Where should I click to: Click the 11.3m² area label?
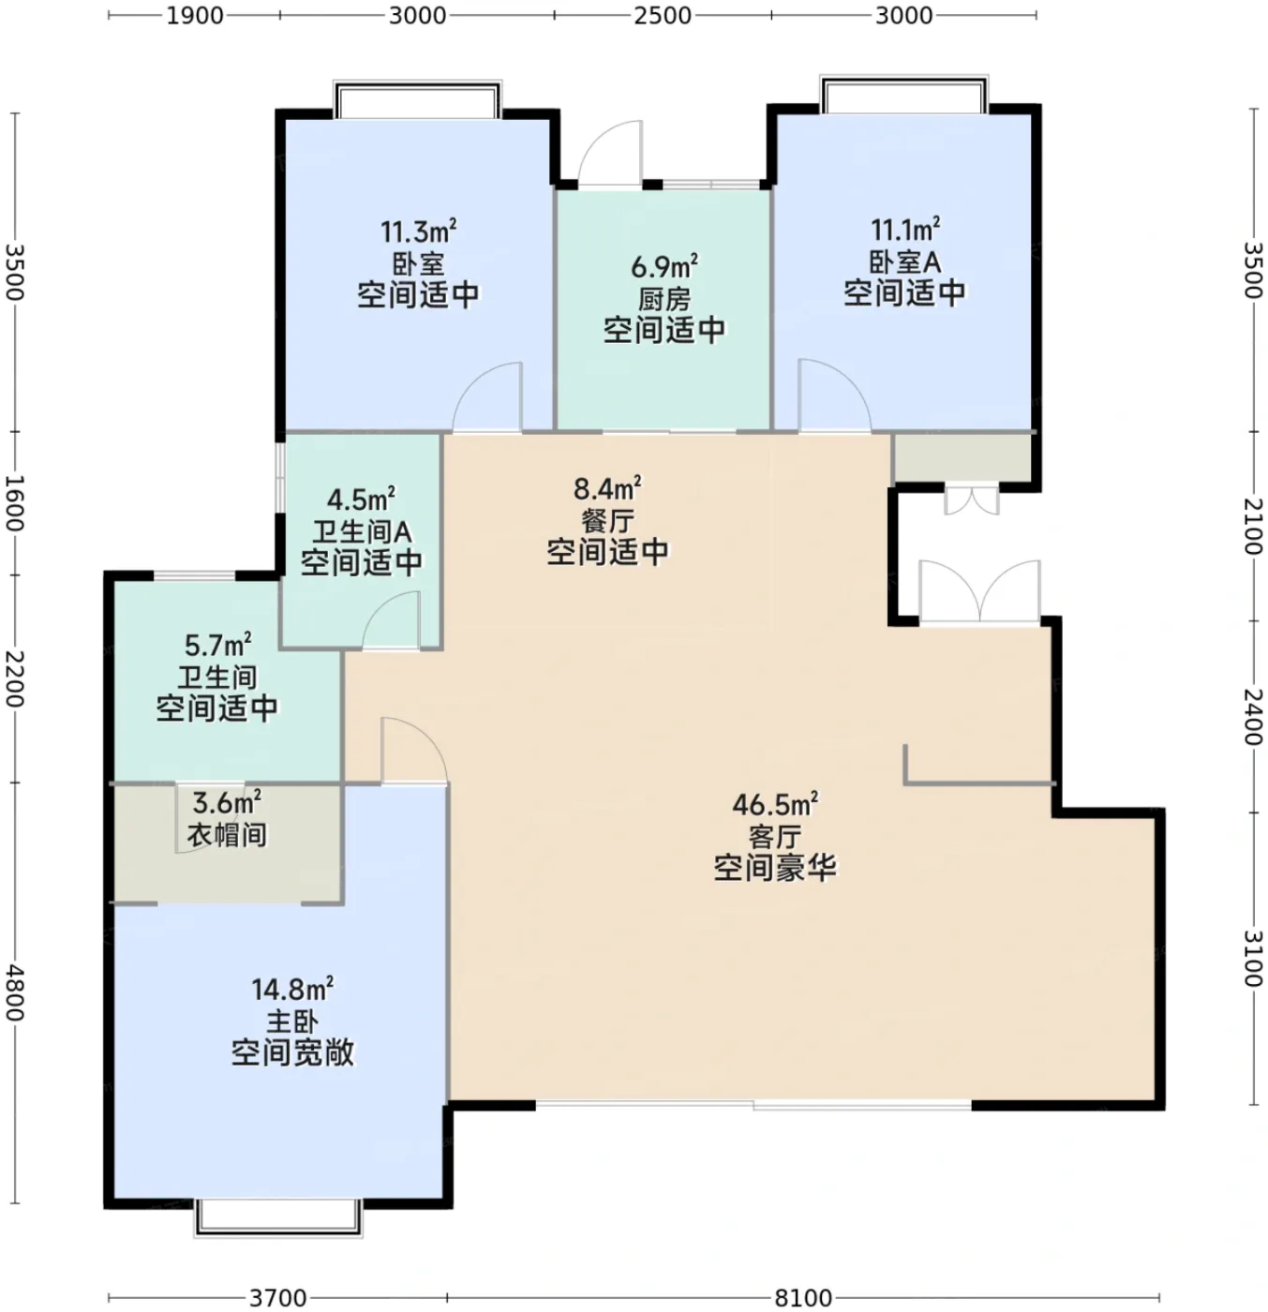click(x=418, y=231)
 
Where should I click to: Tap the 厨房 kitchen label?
click(x=664, y=299)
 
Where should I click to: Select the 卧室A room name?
click(x=904, y=261)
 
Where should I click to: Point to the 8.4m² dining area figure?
click(x=606, y=487)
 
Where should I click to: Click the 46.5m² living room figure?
click(x=775, y=804)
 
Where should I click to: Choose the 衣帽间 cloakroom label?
click(x=227, y=835)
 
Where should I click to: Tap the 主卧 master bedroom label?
click(x=291, y=1022)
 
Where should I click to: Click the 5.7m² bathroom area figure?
click(x=217, y=645)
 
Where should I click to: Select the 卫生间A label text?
click(x=362, y=532)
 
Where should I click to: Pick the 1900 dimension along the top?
click(x=195, y=15)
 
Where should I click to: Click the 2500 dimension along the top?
click(x=662, y=15)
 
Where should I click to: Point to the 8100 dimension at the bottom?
click(x=803, y=1297)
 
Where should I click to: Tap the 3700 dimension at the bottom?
click(x=277, y=1297)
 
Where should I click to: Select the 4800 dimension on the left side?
click(x=15, y=993)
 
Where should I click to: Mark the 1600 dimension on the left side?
click(x=15, y=503)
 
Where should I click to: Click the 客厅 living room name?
click(x=775, y=837)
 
